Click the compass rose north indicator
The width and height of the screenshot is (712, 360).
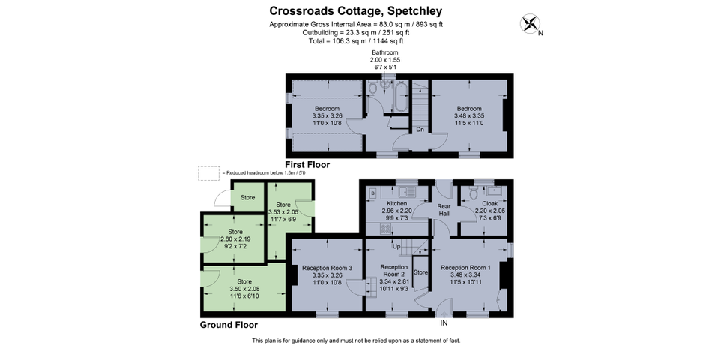point(530,24)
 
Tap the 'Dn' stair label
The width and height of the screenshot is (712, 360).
point(420,130)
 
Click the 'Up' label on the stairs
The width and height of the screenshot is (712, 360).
point(396,246)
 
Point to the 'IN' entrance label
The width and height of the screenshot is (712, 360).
point(444,322)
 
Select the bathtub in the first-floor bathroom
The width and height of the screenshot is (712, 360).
point(401,96)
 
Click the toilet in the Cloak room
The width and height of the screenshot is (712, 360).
point(474,193)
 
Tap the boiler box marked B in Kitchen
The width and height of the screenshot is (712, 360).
point(373,193)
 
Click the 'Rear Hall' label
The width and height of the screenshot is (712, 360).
point(444,210)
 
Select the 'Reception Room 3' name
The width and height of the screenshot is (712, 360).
point(327,268)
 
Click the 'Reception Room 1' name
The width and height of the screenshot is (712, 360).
point(465,268)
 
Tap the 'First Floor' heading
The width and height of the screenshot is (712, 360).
point(307,164)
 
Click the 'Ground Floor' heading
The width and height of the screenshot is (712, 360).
point(229,325)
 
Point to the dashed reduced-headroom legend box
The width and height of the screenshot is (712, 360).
point(208,173)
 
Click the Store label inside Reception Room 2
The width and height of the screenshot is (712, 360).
point(420,272)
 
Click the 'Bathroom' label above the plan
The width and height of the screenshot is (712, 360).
point(385,52)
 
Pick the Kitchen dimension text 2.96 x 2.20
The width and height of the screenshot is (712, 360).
point(396,211)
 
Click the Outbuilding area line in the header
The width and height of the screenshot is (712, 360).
point(356,33)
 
